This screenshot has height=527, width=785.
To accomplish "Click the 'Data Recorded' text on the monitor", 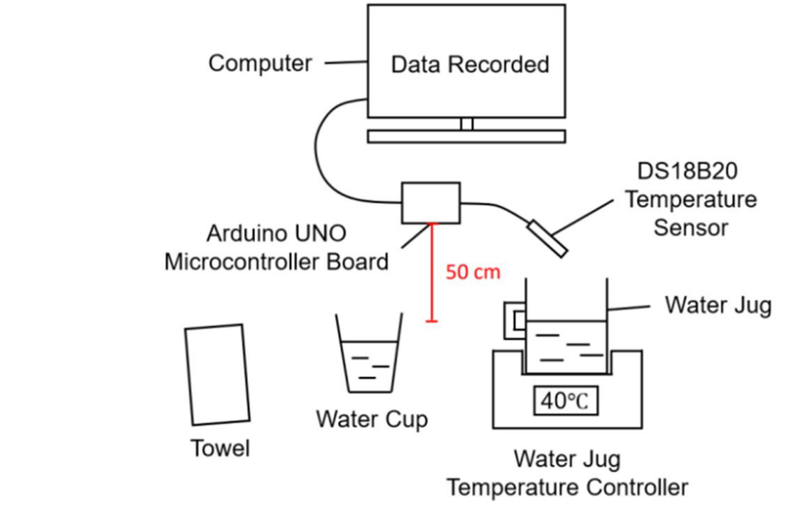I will (x=470, y=65).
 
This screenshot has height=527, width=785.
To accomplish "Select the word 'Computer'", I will (x=260, y=64).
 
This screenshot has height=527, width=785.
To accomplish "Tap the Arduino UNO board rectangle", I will (x=431, y=203).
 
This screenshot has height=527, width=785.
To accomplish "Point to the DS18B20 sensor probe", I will (x=547, y=238).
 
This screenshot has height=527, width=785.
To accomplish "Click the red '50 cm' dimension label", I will (x=473, y=272).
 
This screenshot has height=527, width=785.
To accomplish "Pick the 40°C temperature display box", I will (x=565, y=401).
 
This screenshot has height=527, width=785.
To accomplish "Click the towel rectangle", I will (x=217, y=375).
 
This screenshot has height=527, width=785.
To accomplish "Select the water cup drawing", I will (x=369, y=357).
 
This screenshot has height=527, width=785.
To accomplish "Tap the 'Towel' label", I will (x=220, y=448).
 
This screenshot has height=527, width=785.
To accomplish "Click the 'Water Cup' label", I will (x=372, y=419).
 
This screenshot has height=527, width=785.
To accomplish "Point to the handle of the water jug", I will (x=514, y=320).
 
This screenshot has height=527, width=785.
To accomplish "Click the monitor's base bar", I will (x=466, y=137).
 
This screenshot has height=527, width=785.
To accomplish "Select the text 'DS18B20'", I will (x=687, y=171).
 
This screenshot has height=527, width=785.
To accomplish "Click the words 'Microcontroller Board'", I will (x=276, y=262).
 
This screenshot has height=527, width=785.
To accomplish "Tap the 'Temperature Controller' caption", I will (x=567, y=487).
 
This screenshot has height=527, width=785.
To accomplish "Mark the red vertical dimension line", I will (x=432, y=276).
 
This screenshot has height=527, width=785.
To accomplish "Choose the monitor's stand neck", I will (x=467, y=124).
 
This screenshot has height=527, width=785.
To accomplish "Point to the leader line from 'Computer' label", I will (x=346, y=62).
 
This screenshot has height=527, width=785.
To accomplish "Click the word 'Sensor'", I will (x=690, y=227).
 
